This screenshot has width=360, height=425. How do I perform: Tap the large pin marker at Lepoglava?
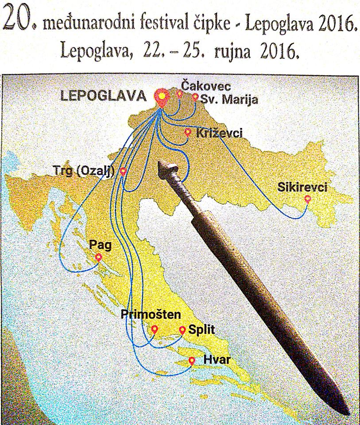[162, 97]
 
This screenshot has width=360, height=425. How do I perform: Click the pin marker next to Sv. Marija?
[195, 97]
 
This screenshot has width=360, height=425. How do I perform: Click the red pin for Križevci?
[187, 132]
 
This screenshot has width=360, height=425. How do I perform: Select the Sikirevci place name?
[302, 187]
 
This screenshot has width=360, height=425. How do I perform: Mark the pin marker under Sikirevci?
[307, 199]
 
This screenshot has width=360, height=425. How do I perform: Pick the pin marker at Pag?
[99, 257]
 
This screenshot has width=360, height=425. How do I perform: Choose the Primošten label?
[151, 315]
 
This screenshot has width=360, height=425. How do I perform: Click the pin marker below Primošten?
[155, 329]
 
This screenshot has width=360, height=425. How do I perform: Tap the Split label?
[198, 330]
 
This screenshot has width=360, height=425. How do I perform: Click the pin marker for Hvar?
[192, 361]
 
